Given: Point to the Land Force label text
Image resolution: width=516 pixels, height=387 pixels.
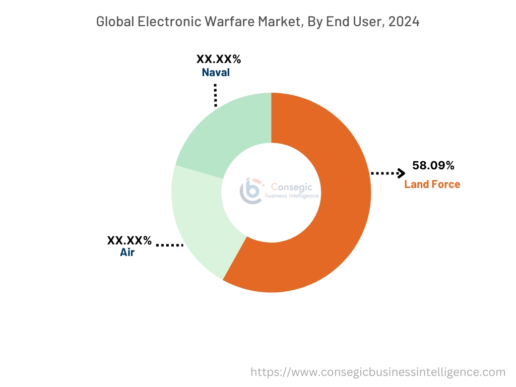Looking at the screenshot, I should (432, 184).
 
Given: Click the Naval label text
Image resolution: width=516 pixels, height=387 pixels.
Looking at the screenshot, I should (216, 73).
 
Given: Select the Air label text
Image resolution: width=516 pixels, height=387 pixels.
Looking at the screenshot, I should (127, 252).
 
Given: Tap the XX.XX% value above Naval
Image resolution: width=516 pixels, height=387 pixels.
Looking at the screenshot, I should (219, 59).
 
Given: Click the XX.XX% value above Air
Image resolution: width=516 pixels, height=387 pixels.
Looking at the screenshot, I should (130, 240).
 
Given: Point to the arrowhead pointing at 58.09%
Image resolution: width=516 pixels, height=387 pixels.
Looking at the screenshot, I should (401, 173).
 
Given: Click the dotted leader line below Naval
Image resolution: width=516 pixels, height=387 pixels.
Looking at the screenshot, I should (216, 95).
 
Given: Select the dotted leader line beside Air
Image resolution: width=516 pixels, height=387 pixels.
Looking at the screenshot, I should (169, 245).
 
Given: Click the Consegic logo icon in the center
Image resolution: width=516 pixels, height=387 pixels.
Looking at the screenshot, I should (250, 190).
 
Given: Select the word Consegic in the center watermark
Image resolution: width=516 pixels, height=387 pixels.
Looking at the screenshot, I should (292, 186).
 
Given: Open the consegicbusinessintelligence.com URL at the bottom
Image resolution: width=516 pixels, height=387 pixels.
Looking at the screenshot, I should (378, 372).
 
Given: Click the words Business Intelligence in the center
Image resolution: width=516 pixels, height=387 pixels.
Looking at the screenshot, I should (292, 196).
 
